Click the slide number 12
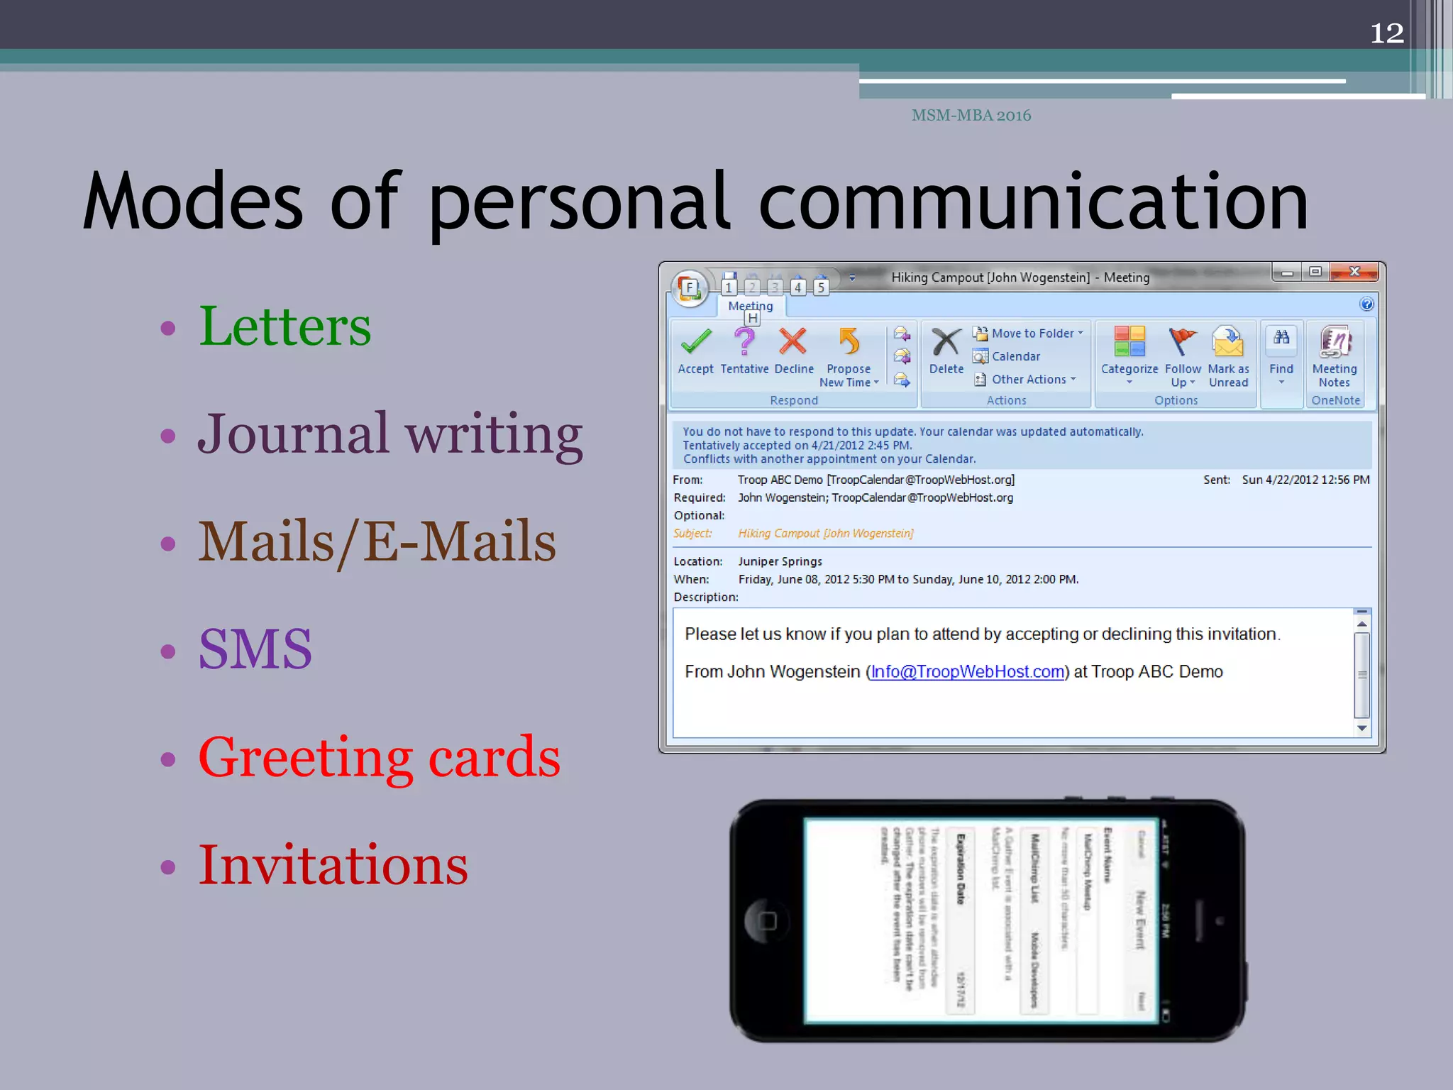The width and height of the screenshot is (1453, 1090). [1386, 33]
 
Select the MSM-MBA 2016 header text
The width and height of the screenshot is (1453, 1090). [971, 116]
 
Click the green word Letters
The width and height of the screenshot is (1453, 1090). [284, 326]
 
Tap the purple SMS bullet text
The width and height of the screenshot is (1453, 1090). [255, 649]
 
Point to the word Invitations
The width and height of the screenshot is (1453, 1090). [333, 865]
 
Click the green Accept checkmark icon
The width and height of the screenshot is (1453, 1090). [696, 342]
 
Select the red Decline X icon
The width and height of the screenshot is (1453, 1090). [792, 341]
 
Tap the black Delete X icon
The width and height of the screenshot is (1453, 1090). [946, 342]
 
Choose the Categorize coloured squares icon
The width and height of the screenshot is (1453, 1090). [1129, 341]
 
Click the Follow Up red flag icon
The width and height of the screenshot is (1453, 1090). [1182, 341]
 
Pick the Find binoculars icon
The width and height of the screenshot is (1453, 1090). [1281, 338]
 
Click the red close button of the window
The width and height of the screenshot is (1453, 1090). [1354, 272]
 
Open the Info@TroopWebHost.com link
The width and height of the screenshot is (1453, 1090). [968, 672]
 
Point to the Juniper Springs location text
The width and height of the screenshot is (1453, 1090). [780, 561]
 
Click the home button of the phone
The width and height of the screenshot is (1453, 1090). [767, 921]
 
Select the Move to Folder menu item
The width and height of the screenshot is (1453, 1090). [1032, 334]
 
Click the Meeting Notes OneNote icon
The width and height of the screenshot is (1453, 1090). [1335, 341]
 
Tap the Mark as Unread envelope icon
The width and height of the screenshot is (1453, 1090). [1228, 341]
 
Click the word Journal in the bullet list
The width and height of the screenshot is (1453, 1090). [293, 434]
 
